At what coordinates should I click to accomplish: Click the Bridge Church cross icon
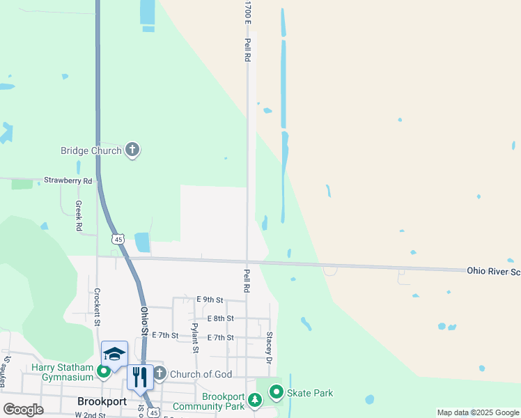pos(132,150)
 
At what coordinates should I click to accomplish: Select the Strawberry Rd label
pos(68,180)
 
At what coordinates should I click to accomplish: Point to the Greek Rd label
pos(79,216)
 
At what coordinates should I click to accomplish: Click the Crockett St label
pos(97,307)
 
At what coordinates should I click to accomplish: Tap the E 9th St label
pos(210,300)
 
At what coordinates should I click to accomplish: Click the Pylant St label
pos(195,338)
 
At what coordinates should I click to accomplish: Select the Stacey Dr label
pos(269,347)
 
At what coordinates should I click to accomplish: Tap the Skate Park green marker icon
pos(277,393)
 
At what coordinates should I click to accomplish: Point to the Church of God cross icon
pos(160,374)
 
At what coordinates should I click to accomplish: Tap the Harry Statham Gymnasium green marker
pos(103,371)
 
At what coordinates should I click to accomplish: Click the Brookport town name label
pos(102,402)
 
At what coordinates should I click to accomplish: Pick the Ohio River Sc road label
pos(493,270)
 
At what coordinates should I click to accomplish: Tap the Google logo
pos(23,410)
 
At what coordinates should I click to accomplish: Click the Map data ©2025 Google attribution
pos(477,412)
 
